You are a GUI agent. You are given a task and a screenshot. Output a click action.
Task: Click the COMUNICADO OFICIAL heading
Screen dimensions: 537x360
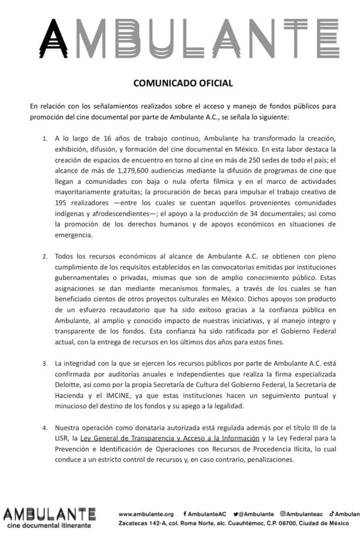183,83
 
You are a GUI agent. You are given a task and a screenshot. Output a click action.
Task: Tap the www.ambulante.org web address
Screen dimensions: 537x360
146,514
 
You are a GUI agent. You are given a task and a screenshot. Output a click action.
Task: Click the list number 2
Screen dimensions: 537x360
45,257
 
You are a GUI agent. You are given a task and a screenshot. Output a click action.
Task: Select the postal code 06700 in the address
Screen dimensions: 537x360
277,523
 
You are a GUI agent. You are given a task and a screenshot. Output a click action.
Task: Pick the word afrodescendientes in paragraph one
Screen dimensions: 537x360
119,214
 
